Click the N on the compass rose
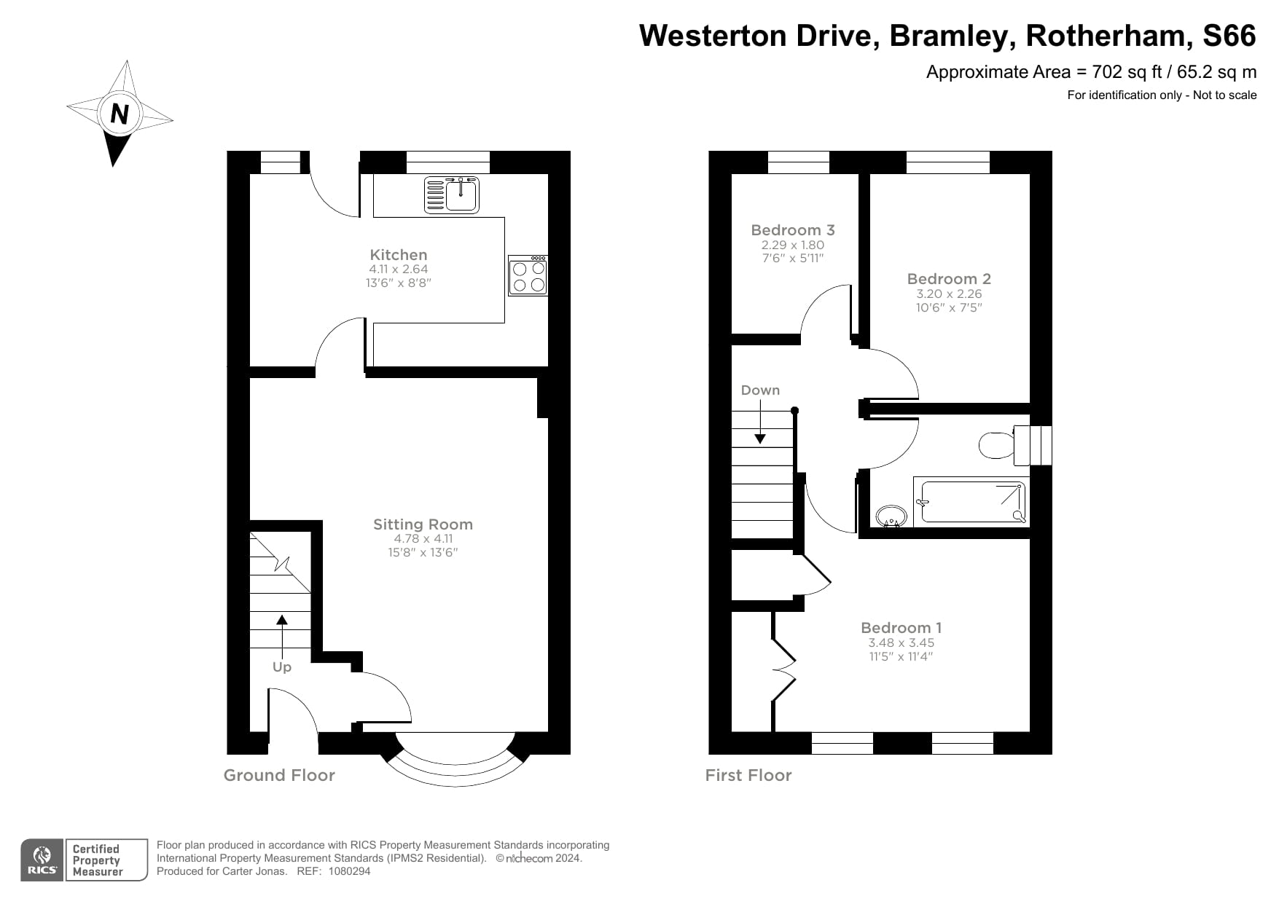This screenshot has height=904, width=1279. point(119,114)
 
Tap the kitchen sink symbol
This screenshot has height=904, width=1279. point(452,195)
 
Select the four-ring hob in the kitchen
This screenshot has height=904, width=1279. point(528,276)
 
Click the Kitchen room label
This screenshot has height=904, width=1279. point(399,255)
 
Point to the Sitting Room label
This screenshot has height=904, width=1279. point(423,524)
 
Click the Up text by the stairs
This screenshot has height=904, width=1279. point(281,667)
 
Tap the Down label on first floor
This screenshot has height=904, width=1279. point(760,390)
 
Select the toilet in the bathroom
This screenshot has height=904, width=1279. point(995,444)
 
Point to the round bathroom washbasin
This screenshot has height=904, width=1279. point(890,516)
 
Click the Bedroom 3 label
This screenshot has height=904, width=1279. point(793,230)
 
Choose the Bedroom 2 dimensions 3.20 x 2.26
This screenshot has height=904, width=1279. point(949,294)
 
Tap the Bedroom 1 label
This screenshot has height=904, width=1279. point(901,628)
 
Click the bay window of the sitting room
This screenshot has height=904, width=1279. point(455,765)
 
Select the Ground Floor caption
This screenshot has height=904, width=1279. point(279,775)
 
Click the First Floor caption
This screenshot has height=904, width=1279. point(748,775)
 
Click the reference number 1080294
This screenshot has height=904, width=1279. point(350,871)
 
